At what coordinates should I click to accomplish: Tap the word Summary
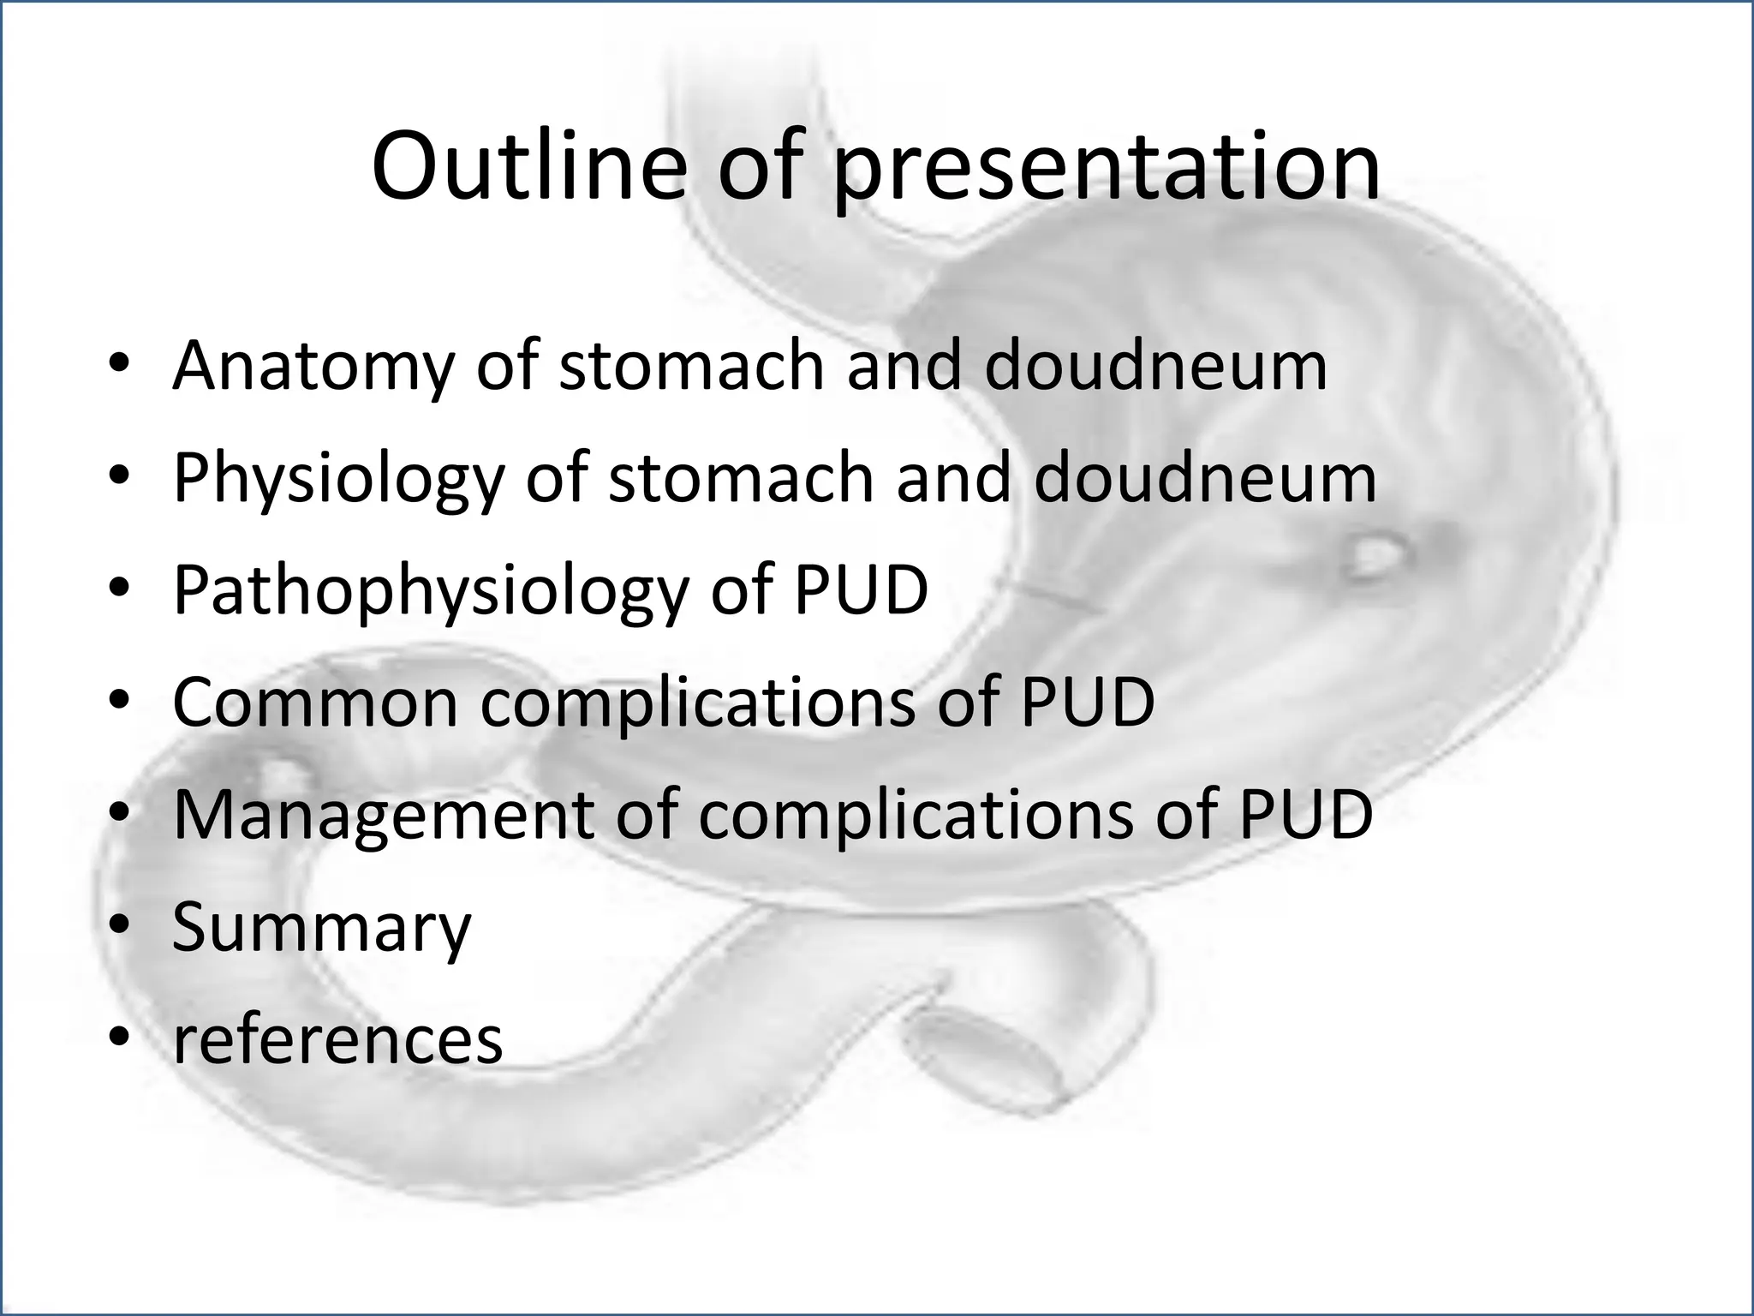tap(321, 930)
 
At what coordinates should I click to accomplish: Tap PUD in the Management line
tap(1305, 815)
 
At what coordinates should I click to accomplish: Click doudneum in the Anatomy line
tap(1155, 366)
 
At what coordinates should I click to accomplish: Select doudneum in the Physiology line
tap(1205, 478)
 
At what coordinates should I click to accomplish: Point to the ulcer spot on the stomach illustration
tap(1375, 557)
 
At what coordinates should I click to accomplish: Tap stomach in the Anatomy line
tap(692, 366)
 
